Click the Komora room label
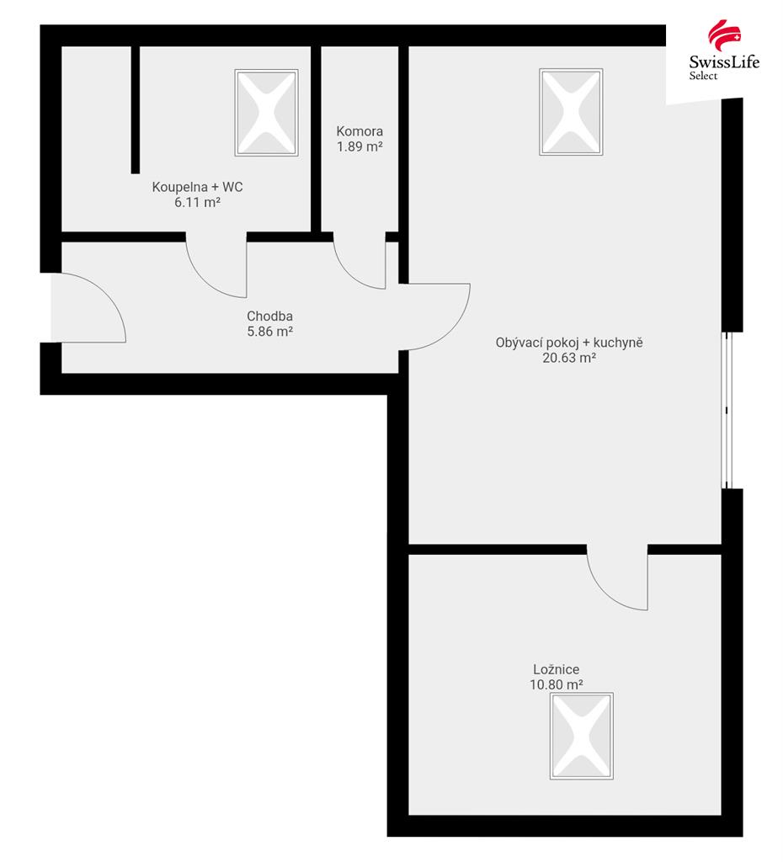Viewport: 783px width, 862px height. (360, 131)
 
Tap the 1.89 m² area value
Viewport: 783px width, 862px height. (360, 146)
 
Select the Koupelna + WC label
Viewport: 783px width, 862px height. (197, 187)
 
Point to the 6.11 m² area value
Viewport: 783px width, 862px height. (197, 202)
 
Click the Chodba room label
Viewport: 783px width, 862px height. (269, 317)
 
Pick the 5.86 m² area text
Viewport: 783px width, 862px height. (269, 332)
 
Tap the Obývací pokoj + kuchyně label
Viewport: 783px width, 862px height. (569, 343)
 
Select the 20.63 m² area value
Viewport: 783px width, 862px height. (569, 358)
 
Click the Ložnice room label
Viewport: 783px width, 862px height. (556, 669)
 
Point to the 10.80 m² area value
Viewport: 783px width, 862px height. (556, 684)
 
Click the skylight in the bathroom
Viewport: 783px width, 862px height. (267, 113)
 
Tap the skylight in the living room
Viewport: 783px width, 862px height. (572, 112)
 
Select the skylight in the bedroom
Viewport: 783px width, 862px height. (582, 736)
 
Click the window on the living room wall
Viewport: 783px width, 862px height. (727, 410)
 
